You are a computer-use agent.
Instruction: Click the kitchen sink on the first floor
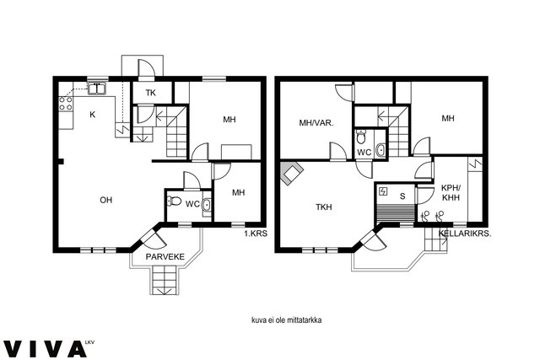(97, 89)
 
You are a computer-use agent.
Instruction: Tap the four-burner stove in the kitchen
(66, 103)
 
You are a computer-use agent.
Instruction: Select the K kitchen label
(92, 115)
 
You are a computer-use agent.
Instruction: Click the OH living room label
(105, 200)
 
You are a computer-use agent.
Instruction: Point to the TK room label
(150, 93)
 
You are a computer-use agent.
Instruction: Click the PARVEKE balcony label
(165, 257)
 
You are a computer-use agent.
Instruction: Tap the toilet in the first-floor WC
(174, 201)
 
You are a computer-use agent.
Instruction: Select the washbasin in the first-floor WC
(207, 205)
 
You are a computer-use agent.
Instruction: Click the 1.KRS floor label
(256, 234)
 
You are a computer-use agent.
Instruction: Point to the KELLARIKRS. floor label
(465, 234)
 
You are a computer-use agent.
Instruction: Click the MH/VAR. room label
(316, 122)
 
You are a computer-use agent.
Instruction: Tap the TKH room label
(324, 207)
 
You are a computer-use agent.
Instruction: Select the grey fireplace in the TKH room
(292, 173)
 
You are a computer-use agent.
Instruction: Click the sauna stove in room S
(382, 191)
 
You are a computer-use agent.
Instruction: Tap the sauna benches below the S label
(396, 214)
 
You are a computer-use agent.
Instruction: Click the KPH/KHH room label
(451, 193)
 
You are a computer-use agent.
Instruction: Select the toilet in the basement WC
(361, 137)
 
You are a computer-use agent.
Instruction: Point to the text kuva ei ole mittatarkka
(287, 320)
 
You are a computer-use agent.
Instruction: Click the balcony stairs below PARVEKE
(165, 282)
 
